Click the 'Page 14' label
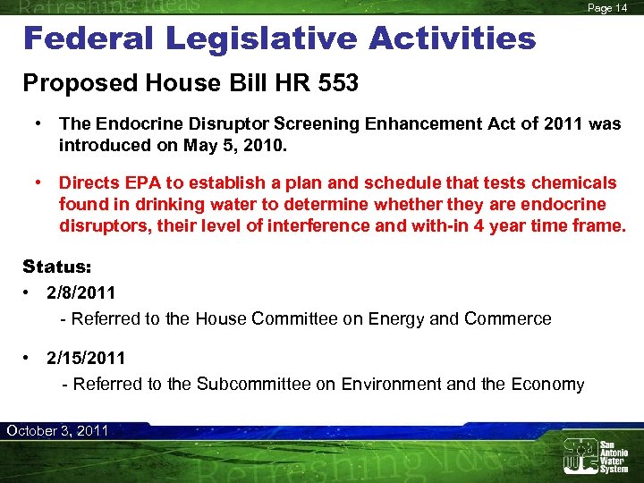[607, 8]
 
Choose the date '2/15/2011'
[86, 359]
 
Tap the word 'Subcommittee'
[253, 385]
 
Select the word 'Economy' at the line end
[547, 385]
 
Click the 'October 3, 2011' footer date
[57, 430]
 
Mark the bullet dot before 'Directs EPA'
[39, 183]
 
